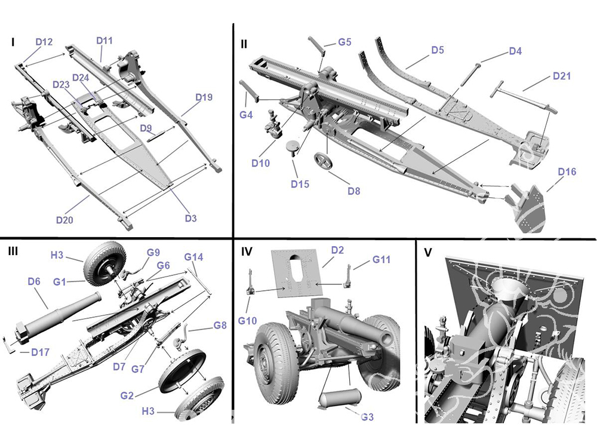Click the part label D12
(44, 42)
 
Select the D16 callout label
(567, 172)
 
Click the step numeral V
(427, 252)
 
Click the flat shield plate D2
(298, 272)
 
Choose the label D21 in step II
(562, 76)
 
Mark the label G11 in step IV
(381, 260)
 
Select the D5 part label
(438, 50)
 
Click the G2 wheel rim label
(127, 395)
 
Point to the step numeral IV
(247, 251)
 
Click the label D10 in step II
(260, 163)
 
